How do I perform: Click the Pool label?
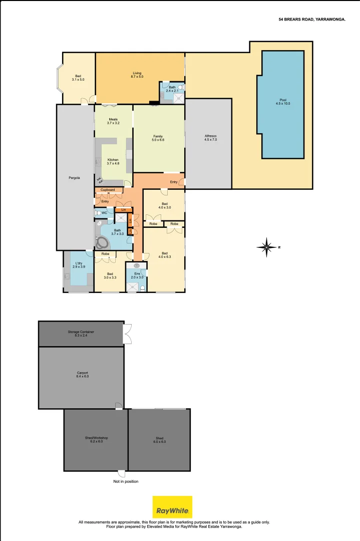(283, 101)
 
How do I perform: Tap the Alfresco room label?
(210, 138)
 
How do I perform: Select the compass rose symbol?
(267, 247)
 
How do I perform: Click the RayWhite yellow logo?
(172, 507)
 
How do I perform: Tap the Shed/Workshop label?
(96, 440)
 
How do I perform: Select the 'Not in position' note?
(126, 481)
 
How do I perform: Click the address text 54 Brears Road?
(311, 20)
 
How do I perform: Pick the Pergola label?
(75, 177)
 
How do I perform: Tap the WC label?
(104, 213)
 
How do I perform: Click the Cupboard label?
(108, 190)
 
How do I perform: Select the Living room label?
(137, 75)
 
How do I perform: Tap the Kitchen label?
(113, 161)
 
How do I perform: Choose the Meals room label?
(113, 121)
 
